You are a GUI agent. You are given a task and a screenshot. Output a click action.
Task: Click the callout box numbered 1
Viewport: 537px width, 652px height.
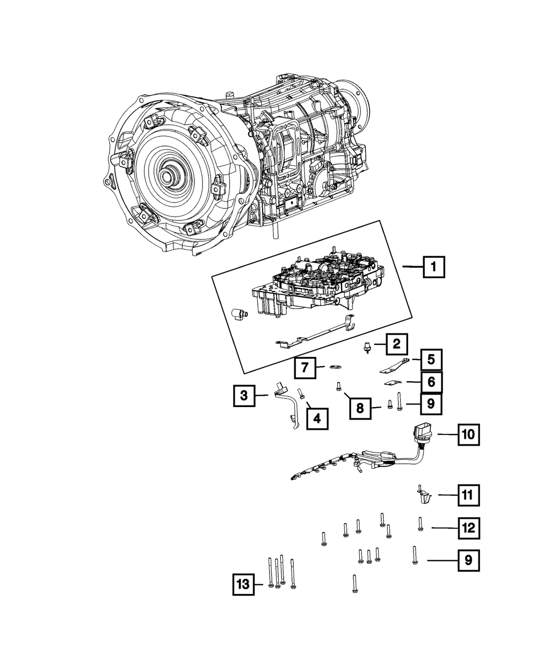[x=434, y=266]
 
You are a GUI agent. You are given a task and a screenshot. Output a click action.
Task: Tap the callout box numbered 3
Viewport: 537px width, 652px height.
[x=244, y=396]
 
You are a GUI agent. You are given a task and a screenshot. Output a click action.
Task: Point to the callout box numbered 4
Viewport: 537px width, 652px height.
[x=317, y=418]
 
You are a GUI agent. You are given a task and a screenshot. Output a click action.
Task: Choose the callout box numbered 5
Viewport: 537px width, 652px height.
[x=431, y=360]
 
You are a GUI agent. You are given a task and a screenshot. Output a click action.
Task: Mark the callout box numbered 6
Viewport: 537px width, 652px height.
[x=431, y=382]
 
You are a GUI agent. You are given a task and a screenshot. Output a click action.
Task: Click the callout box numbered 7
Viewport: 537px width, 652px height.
[x=304, y=368]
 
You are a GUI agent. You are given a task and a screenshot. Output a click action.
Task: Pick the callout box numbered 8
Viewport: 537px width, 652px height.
[x=360, y=408]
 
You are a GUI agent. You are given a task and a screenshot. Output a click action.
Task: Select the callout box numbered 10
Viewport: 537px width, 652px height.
[x=468, y=434]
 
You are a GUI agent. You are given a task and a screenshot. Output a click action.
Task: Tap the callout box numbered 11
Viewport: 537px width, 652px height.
[x=468, y=495]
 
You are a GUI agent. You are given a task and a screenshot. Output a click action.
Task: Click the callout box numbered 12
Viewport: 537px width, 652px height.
[x=468, y=528]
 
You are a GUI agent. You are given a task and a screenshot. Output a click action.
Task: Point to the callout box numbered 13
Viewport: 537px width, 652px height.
[x=244, y=584]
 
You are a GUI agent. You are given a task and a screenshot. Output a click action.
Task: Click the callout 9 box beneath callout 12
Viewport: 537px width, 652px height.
[x=468, y=561]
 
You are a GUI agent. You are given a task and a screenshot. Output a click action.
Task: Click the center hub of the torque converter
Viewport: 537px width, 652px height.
[x=172, y=176]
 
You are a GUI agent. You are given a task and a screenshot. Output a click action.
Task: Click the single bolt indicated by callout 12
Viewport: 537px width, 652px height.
[x=420, y=523]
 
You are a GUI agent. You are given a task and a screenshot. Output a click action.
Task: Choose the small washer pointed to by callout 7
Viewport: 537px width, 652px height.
[x=335, y=367]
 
